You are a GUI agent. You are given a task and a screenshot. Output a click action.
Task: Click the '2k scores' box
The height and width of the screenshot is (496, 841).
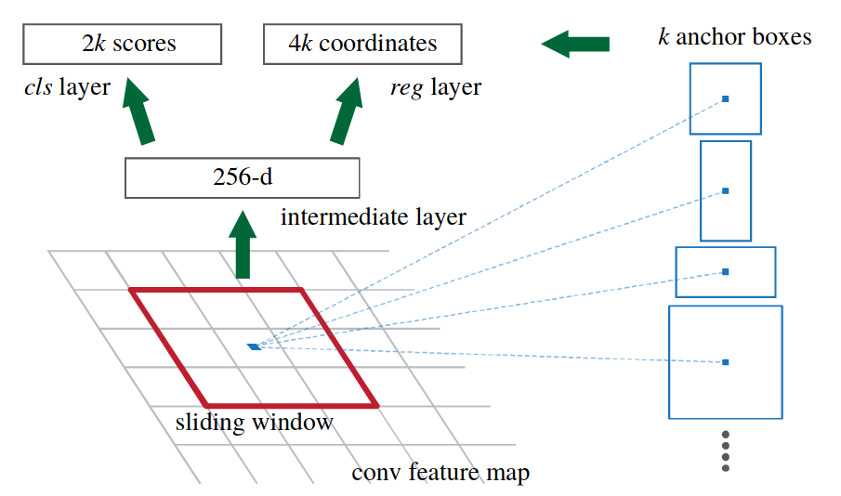(123, 44)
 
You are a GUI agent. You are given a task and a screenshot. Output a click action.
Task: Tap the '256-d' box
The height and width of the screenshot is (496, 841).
(243, 177)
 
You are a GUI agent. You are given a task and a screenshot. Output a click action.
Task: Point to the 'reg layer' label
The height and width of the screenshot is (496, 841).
(436, 88)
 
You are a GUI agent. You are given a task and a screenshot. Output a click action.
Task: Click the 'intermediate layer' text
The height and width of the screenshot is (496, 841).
(373, 217)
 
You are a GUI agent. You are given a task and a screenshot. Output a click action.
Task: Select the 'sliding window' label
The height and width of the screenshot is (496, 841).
(254, 423)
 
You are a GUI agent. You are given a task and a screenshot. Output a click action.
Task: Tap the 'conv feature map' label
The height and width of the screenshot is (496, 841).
(440, 473)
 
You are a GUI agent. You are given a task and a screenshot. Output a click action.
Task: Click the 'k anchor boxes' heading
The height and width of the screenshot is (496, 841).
(734, 37)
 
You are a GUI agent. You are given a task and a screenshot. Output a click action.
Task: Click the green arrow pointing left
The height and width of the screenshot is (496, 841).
(575, 43)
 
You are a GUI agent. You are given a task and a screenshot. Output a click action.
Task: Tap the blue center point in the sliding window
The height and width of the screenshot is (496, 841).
(254, 346)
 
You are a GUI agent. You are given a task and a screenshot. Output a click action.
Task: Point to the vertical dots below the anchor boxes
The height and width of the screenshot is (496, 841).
(726, 450)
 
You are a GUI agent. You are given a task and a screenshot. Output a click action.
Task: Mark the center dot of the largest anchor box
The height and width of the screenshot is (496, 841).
(726, 361)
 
